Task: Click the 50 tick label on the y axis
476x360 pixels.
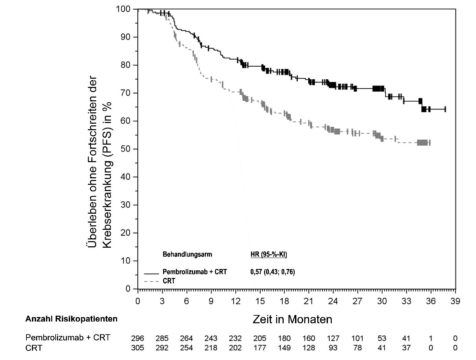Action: click(x=126, y=149)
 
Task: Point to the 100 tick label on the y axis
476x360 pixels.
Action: click(x=124, y=9)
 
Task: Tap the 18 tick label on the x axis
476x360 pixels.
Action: click(x=284, y=301)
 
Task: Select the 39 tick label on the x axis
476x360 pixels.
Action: click(x=455, y=301)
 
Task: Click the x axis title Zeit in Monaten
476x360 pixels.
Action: click(x=292, y=319)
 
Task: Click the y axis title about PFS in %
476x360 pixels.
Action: click(x=99, y=161)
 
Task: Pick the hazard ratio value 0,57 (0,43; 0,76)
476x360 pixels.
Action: click(x=272, y=272)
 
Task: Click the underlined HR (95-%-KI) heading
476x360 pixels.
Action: click(x=269, y=255)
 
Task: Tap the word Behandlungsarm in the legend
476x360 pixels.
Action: click(x=187, y=255)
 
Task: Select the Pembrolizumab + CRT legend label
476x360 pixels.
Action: click(x=195, y=272)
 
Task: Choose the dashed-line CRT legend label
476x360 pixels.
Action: click(x=169, y=281)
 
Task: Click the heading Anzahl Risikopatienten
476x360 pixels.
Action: click(x=71, y=319)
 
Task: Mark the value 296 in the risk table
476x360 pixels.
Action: click(x=138, y=338)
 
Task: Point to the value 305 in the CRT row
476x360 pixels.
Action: click(x=138, y=348)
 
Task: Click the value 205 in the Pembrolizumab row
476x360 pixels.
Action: click(x=260, y=338)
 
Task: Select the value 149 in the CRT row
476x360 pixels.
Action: click(x=284, y=348)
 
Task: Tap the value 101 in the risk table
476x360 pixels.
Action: click(x=358, y=338)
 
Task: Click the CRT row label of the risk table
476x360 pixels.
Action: click(x=34, y=348)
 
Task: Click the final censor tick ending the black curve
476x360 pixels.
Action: click(x=445, y=109)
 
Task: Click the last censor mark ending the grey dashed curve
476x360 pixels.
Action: click(x=430, y=143)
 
